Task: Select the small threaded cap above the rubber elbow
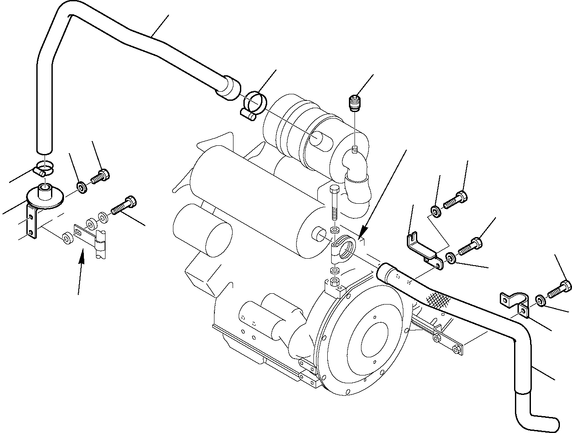pyautogui.click(x=355, y=103)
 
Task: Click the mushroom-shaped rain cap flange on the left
pyautogui.click(x=45, y=196)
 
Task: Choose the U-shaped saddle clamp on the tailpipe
pyautogui.click(x=514, y=301)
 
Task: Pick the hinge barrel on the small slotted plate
pyautogui.click(x=100, y=244)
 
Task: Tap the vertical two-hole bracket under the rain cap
pyautogui.click(x=32, y=223)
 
